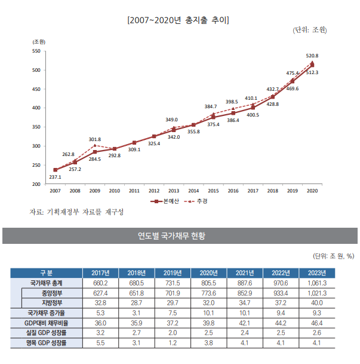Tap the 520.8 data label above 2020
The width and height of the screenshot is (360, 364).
(x=312, y=56)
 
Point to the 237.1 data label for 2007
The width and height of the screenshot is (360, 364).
(x=55, y=177)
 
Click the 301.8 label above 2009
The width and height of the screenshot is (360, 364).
(x=95, y=139)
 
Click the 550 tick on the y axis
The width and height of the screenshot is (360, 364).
(x=36, y=51)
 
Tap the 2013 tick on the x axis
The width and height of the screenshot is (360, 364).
(x=174, y=191)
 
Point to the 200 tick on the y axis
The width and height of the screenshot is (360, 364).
(x=36, y=184)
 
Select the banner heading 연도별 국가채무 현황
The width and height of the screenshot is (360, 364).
(x=180, y=235)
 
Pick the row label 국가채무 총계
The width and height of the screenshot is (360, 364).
(x=46, y=283)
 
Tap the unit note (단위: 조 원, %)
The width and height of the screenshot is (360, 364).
(x=333, y=257)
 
